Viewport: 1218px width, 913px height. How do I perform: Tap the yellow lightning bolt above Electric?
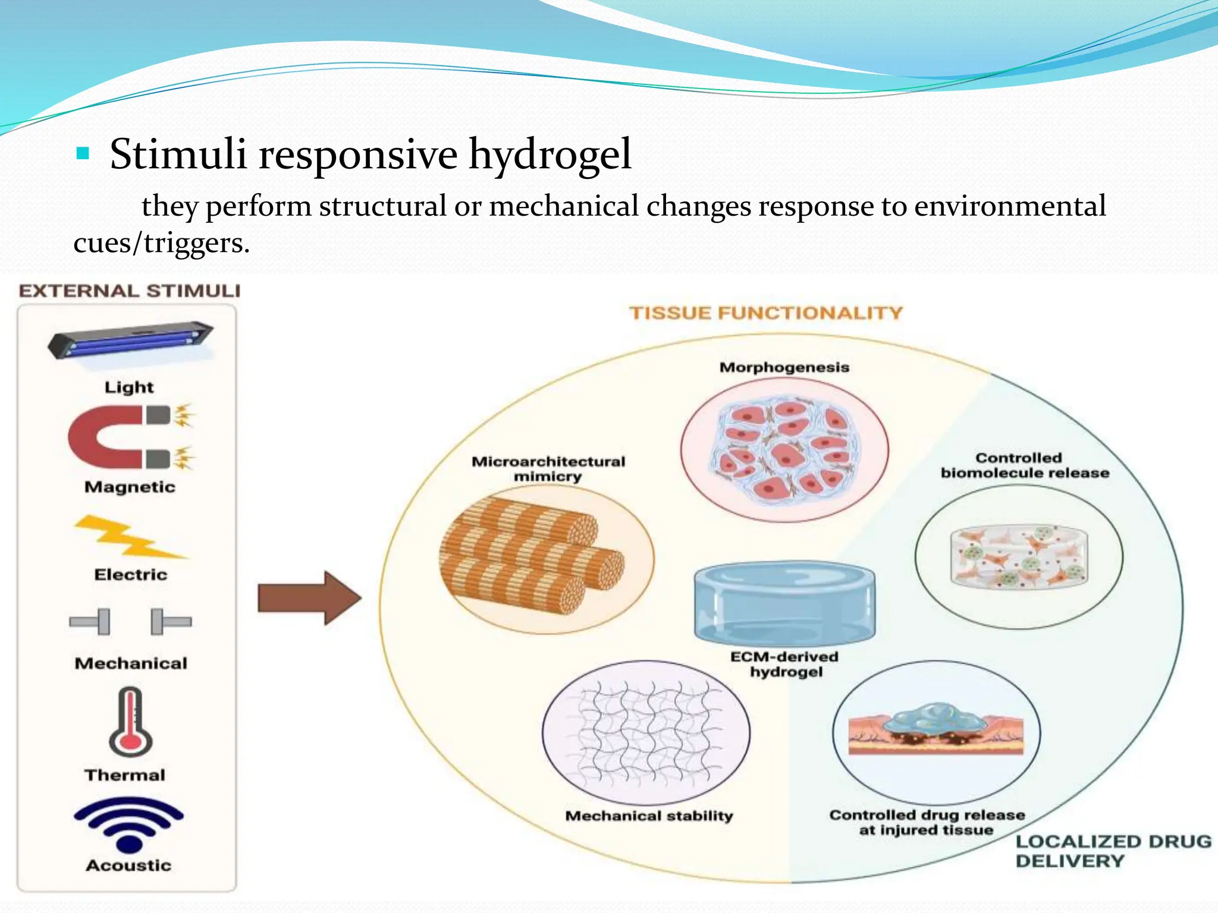(x=128, y=538)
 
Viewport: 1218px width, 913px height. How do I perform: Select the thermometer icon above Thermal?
(x=131, y=722)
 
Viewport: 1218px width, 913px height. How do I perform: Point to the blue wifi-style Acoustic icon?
(x=128, y=823)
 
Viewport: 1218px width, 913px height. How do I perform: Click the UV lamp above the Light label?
(x=130, y=341)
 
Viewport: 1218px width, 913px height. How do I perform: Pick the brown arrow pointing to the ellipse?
(x=309, y=598)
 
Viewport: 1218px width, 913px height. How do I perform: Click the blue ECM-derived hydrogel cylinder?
(x=784, y=604)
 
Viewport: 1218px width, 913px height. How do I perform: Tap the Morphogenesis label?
(x=784, y=367)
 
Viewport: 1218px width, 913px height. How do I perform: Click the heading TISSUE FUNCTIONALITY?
(x=766, y=313)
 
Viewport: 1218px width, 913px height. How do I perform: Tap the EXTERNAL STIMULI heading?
(x=130, y=291)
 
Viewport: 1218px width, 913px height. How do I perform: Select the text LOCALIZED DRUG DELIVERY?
(x=1112, y=851)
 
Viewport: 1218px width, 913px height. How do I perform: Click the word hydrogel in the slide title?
(x=550, y=155)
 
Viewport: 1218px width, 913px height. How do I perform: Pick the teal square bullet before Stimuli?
(x=83, y=155)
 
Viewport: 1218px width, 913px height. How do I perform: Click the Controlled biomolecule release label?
(x=1024, y=465)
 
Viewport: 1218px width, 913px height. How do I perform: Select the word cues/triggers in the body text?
(x=161, y=243)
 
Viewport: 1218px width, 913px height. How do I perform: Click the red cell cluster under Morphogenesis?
(x=784, y=451)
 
